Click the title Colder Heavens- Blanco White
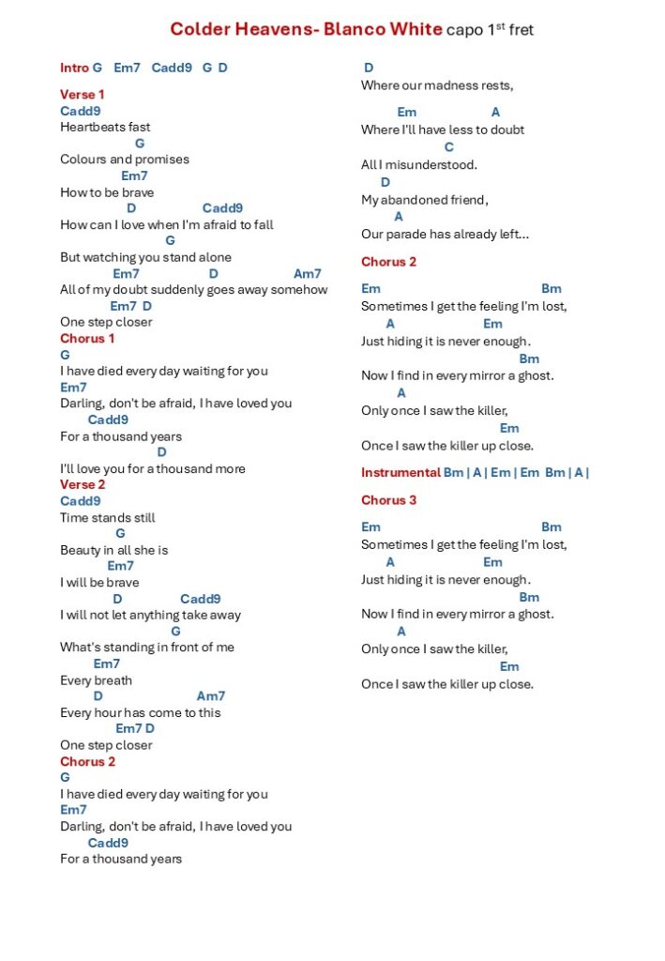tap(306, 29)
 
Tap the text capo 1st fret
tap(491, 29)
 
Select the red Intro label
tap(74, 68)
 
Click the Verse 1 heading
tap(83, 95)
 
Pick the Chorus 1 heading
tap(87, 338)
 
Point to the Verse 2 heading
tap(83, 484)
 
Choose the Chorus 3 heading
tap(388, 500)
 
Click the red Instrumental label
tap(401, 473)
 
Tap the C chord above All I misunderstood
tap(448, 147)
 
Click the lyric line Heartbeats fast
tap(105, 127)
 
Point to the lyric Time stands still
tap(108, 517)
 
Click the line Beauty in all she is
tap(114, 550)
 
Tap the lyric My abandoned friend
tap(425, 200)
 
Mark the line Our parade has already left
tap(445, 235)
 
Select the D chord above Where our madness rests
tap(369, 68)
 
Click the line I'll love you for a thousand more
tap(153, 468)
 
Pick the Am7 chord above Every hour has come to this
tap(211, 696)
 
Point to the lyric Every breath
tap(96, 680)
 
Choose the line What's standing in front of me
tap(147, 648)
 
